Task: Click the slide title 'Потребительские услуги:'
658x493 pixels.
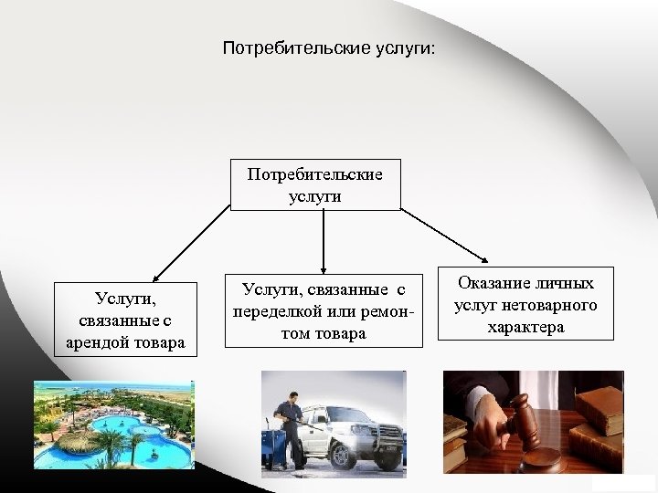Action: [x=329, y=45]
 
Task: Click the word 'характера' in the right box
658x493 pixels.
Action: [x=525, y=326]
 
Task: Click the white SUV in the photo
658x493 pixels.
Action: [x=356, y=425]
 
